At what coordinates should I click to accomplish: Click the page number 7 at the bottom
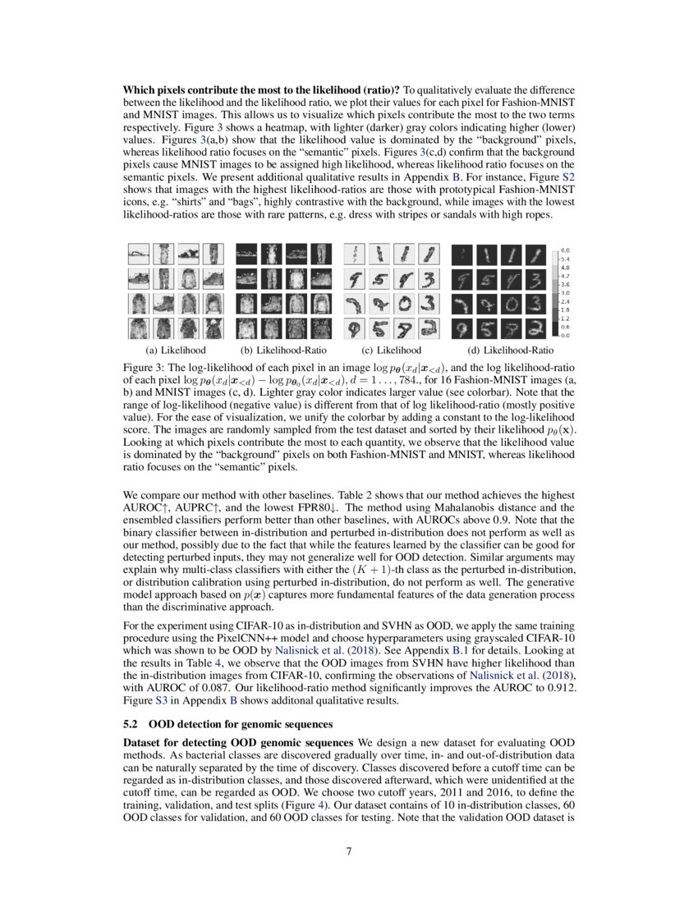click(x=349, y=851)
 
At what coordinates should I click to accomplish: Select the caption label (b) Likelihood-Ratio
click(x=282, y=350)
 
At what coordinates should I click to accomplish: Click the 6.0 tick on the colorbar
click(x=565, y=250)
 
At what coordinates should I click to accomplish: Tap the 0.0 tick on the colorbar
click(x=565, y=336)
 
